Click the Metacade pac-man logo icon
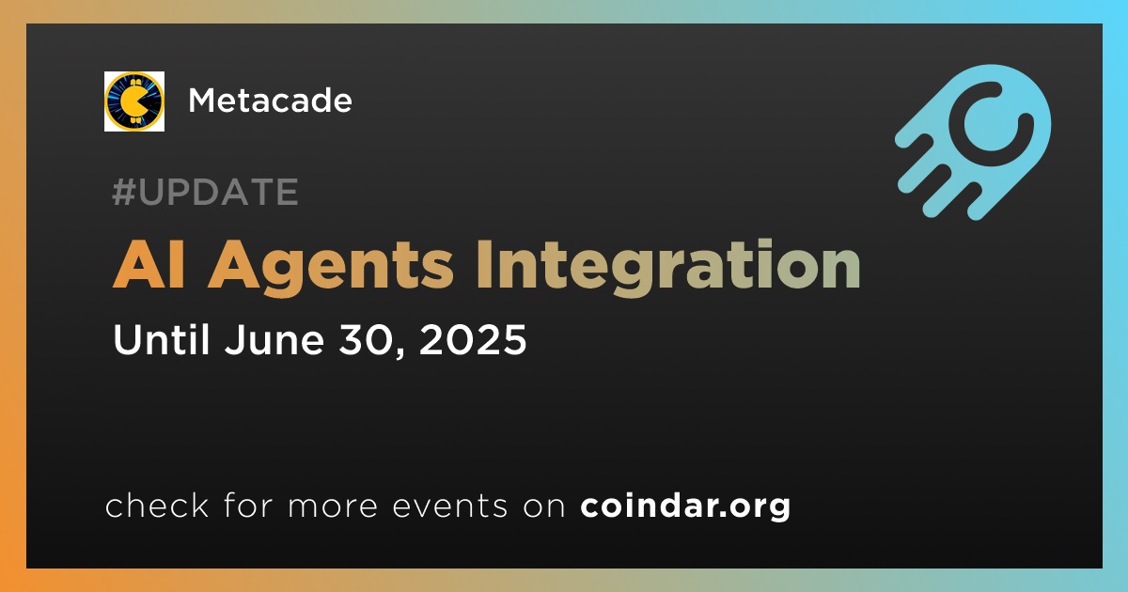(133, 101)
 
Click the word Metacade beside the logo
(270, 101)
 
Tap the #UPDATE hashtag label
(206, 192)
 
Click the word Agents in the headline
(331, 268)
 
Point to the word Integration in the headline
(668, 267)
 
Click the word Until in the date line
(161, 339)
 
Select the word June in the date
(274, 340)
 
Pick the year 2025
(472, 340)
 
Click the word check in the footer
(157, 505)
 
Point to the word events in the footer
(449, 506)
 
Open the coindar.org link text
(685, 506)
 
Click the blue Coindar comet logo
(973, 142)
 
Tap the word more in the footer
(333, 506)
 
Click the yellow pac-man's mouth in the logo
(144, 101)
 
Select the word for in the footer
(249, 505)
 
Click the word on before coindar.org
(544, 506)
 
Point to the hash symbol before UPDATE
(123, 192)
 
